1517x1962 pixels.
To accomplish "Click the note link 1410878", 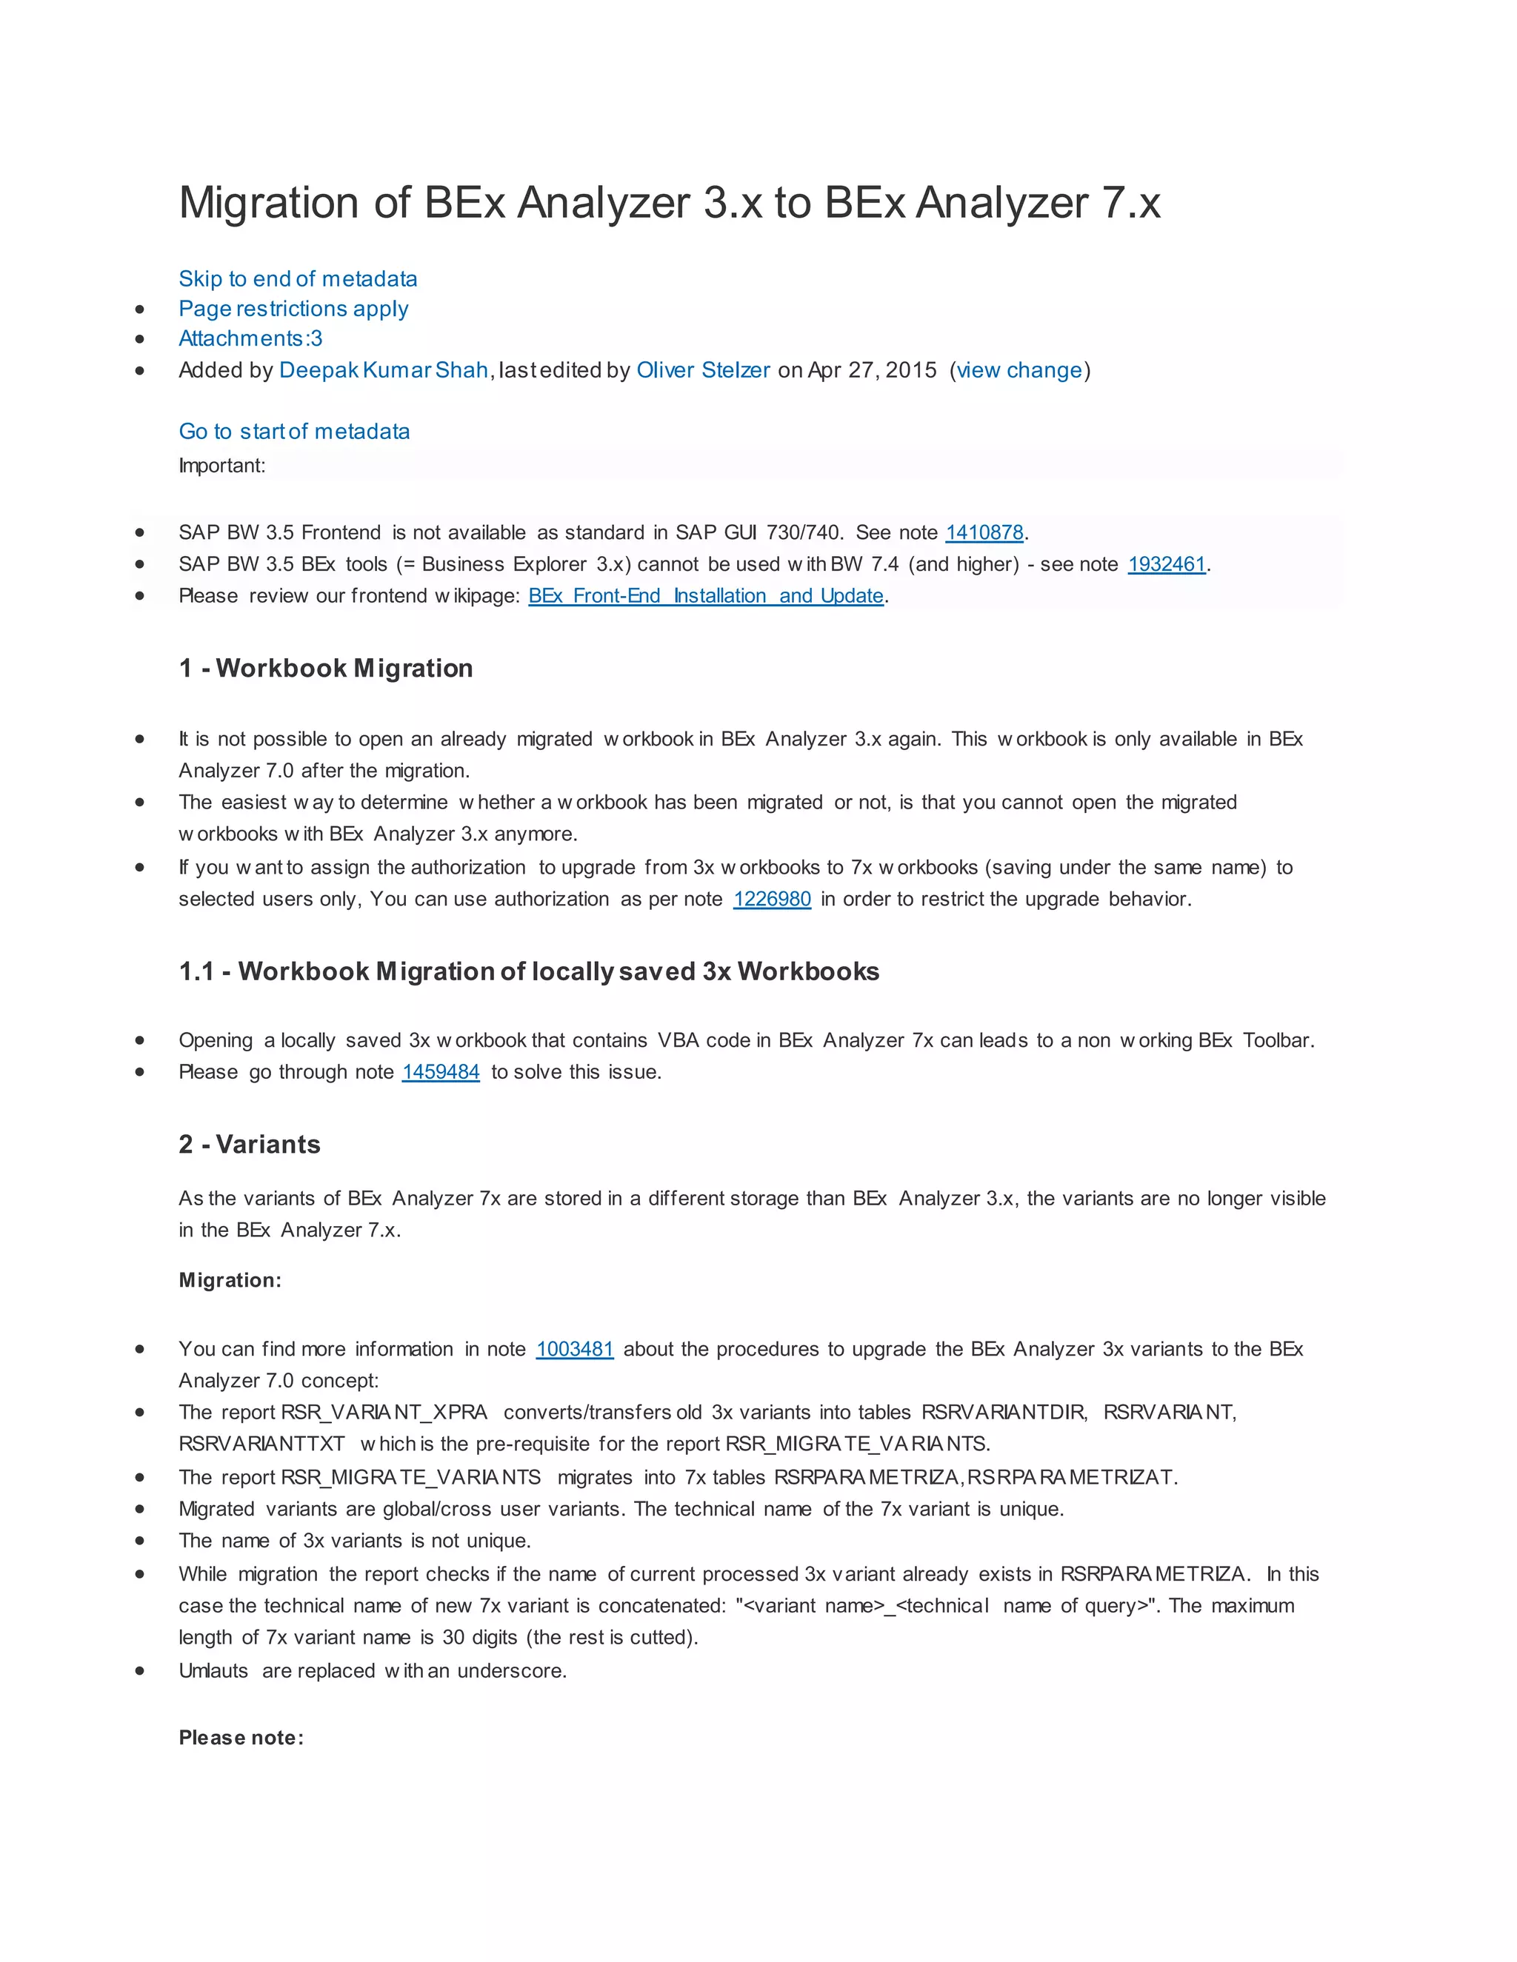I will tap(984, 533).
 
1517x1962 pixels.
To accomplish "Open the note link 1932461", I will tap(1167, 564).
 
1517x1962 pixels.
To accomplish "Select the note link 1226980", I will tap(772, 900).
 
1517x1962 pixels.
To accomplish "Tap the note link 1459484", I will tap(441, 1072).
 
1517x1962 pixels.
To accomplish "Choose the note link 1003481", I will tap(574, 1349).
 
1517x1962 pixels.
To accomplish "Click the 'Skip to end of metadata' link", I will tap(298, 278).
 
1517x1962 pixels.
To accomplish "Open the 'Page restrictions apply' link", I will tap(293, 309).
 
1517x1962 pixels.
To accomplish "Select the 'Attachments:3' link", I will tap(250, 338).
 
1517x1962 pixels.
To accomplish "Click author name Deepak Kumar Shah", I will tap(384, 370).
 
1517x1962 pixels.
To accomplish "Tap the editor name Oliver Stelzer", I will tap(703, 370).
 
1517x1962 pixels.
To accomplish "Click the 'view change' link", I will tap(1019, 370).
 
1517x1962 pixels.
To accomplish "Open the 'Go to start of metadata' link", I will tap(294, 431).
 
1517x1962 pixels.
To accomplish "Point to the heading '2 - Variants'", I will tap(249, 1145).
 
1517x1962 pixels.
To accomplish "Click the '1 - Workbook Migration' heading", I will tap(325, 669).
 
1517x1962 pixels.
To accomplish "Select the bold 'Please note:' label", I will tap(241, 1738).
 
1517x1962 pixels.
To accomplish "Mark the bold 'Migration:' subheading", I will tap(230, 1280).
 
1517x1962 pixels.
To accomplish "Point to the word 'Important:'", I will tap(222, 466).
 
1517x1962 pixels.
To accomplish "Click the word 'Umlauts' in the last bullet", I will tap(213, 1671).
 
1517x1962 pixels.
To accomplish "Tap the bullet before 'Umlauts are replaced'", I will tap(139, 1671).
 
